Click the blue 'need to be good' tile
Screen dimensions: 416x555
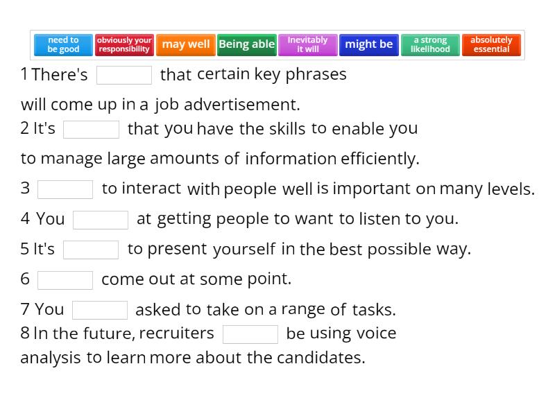[63, 44]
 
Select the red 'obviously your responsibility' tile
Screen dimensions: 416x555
[124, 44]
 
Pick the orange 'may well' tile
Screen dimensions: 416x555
[186, 44]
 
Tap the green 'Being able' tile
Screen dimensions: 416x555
[247, 44]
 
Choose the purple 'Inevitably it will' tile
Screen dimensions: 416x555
[308, 44]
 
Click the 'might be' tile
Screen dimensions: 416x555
[369, 44]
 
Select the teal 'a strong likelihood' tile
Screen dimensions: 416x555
[430, 44]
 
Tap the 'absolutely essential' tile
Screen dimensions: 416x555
[491, 44]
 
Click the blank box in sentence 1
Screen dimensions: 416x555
[124, 75]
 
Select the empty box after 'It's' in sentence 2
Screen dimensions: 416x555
[92, 130]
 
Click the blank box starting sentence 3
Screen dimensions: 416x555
[65, 189]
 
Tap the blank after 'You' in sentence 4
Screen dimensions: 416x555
[101, 220]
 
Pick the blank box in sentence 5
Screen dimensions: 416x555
[91, 250]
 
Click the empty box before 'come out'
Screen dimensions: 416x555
[65, 280]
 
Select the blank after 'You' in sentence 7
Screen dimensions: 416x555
[100, 310]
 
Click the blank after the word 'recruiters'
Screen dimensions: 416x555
[250, 334]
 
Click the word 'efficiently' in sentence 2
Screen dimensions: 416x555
[379, 159]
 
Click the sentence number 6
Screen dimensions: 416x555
[25, 279]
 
